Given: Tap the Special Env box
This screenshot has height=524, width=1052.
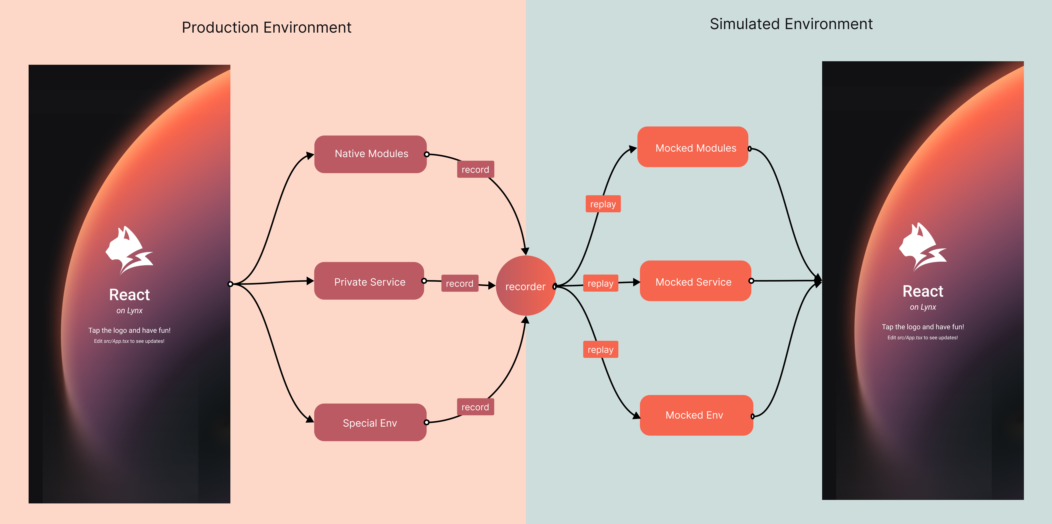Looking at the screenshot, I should pos(370,422).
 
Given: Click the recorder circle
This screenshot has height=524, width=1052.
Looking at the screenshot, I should pos(525,286).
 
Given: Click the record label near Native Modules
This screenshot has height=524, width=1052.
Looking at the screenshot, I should pos(475,169).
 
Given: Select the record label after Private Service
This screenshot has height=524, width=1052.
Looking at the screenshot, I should pos(459,283).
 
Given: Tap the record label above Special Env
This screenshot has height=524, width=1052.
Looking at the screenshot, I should pos(475,407).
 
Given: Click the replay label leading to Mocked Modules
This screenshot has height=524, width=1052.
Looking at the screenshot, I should pos(603,204).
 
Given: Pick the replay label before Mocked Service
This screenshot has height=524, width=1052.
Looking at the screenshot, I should pos(600,283).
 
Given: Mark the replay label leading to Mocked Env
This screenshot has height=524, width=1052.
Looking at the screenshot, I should pos(600,350).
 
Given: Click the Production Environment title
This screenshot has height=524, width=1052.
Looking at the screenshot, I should pos(266,27).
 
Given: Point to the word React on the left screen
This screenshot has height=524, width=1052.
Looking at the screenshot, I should pos(129,294).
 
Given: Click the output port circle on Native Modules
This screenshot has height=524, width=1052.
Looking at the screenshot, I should pos(427,154).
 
